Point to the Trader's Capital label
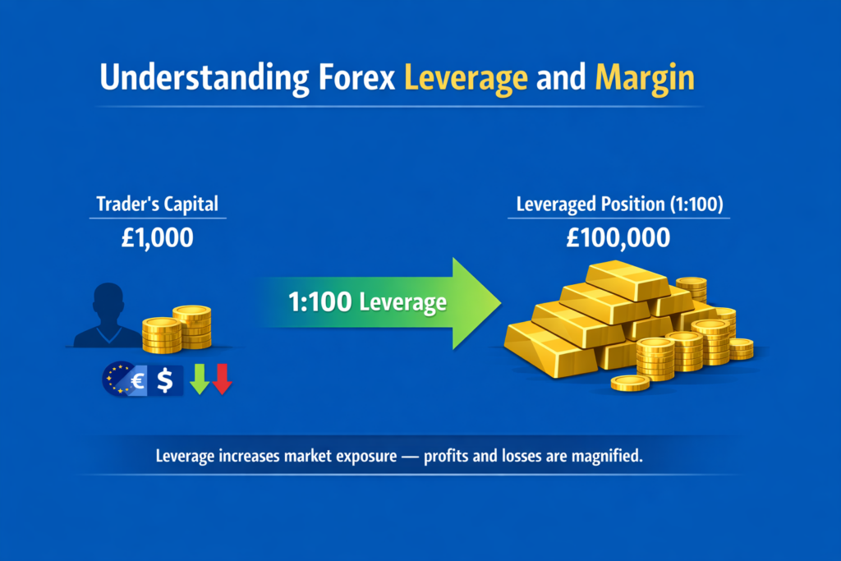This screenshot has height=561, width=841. [158, 203]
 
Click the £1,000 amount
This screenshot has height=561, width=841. [158, 238]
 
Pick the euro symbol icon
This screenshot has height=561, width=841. [136, 380]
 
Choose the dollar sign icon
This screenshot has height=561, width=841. [165, 380]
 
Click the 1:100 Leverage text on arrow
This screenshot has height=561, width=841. [367, 303]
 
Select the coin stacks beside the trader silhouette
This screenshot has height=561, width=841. [177, 329]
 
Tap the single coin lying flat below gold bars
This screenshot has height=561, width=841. [630, 383]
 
